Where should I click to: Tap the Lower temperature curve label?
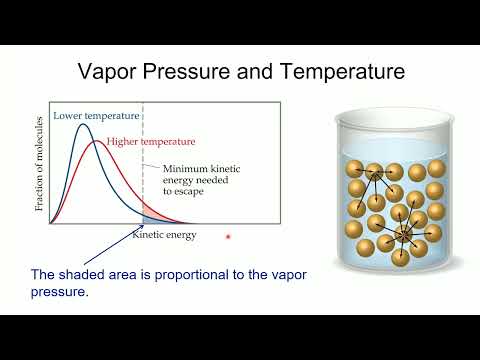[x=83, y=117]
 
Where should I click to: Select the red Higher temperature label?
[x=151, y=141]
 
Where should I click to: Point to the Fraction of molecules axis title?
[x=40, y=166]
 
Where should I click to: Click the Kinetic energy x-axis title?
[x=165, y=236]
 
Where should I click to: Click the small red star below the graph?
[x=228, y=237]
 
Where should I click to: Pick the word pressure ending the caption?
[x=60, y=294]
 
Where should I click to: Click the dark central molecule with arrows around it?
[x=404, y=235]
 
